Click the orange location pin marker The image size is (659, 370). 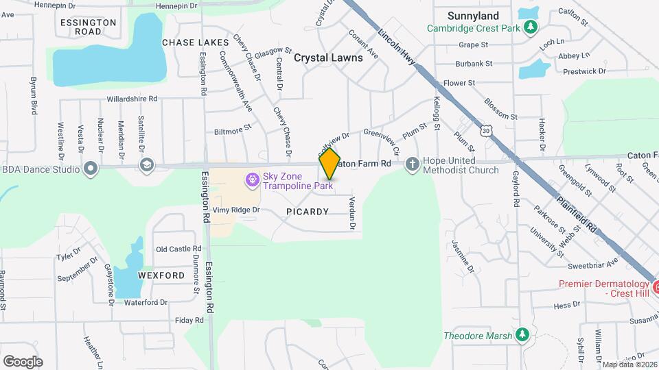point(329,163)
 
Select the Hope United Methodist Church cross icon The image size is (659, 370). point(412,164)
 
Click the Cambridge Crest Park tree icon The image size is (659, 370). point(530,27)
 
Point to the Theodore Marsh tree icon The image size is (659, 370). point(523,335)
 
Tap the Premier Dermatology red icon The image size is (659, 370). point(656,286)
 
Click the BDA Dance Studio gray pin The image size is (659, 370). point(90,169)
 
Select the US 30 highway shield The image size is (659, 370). point(487,131)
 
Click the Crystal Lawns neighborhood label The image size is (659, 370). point(328,58)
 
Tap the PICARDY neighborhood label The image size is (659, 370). point(308,212)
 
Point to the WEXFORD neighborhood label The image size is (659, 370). point(161,275)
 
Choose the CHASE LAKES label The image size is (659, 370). point(195,42)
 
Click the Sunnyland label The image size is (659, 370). point(473,16)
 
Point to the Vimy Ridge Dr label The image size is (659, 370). point(236,210)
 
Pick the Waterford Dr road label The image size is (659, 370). point(146,302)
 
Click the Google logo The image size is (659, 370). point(23,361)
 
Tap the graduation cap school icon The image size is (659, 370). point(146,165)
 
